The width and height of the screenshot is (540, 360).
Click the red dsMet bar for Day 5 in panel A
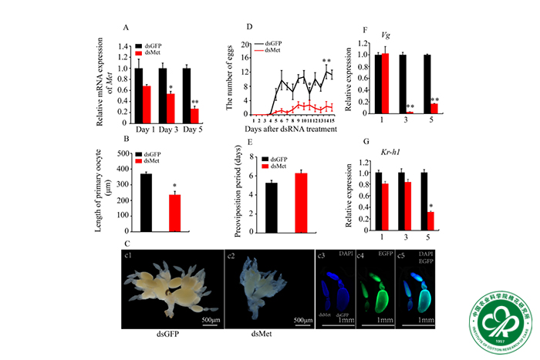pyautogui.click(x=195, y=115)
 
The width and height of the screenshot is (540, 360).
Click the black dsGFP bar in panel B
pyautogui.click(x=146, y=202)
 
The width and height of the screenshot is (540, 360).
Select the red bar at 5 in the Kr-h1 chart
pyautogui.click(x=434, y=222)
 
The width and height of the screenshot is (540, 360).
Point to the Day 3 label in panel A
pyautogui.click(x=170, y=129)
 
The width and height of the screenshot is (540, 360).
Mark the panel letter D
pyautogui.click(x=249, y=27)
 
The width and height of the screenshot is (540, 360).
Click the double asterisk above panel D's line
pyautogui.click(x=326, y=61)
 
